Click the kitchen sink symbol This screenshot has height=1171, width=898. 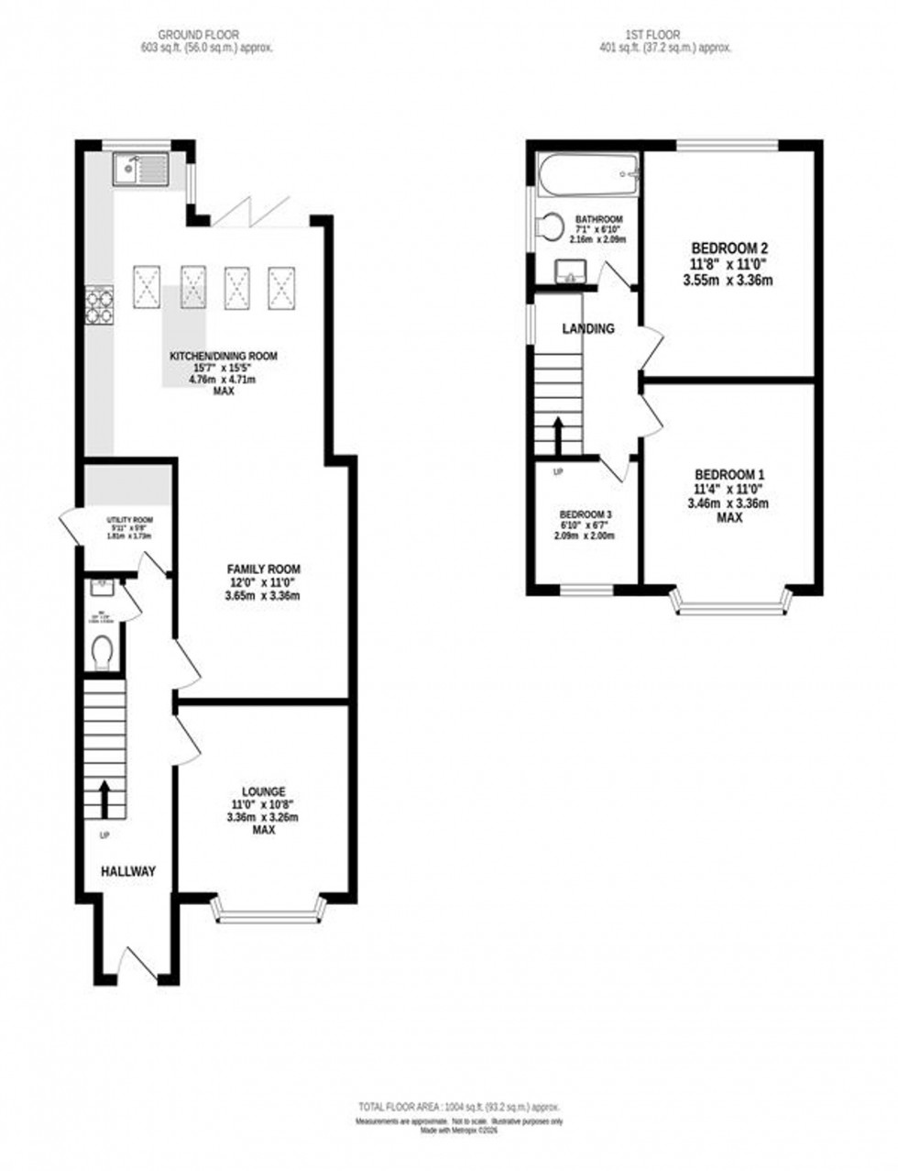click(x=140, y=170)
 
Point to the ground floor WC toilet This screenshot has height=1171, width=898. click(x=104, y=653)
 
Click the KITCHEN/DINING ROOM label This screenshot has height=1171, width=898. click(x=222, y=356)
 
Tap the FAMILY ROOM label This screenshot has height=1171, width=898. click(x=264, y=569)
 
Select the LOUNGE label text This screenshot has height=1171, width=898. click(x=264, y=791)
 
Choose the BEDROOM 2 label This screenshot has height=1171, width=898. click(x=728, y=248)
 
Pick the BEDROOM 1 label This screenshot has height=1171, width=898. click(x=729, y=474)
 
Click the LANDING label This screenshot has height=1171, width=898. click(x=587, y=328)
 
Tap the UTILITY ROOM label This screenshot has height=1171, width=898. click(x=129, y=520)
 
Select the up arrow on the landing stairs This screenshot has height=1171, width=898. click(x=557, y=436)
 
